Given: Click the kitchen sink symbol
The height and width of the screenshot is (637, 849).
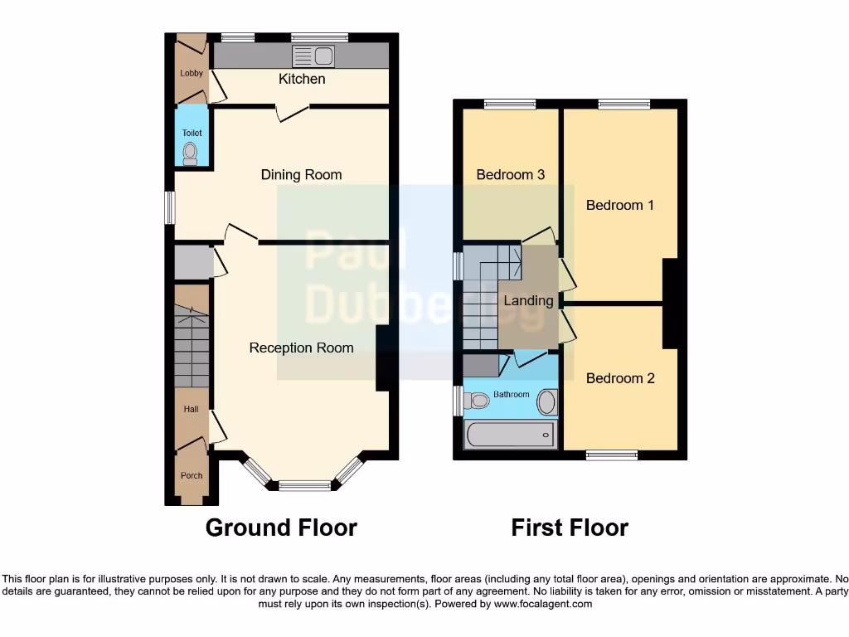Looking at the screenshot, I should pos(313,56).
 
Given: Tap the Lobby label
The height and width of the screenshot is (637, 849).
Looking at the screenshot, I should pos(192,73).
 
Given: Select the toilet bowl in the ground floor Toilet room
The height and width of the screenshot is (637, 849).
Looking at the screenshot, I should pos(191,152).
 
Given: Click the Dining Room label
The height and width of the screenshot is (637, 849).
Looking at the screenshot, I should pos(301,174).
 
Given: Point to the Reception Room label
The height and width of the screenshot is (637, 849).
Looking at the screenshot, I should pos(301,348).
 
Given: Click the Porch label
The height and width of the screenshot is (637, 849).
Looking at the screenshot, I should pos(192,475).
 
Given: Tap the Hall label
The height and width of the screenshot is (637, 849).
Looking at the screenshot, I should pos(192,409).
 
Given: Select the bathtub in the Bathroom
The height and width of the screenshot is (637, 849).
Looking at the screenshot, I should pos(510,434).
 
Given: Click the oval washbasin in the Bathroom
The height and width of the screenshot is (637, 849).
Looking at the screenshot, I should pos(547,402).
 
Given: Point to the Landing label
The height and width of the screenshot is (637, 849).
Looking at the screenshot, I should pos(528,300).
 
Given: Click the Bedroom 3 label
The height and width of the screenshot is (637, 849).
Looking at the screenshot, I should pos(510,174).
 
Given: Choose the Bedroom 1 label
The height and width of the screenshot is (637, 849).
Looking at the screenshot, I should pos(619,205).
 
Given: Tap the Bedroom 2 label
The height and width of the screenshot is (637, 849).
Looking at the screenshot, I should pos(619,378).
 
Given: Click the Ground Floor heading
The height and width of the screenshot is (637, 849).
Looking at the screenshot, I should pos(281,528).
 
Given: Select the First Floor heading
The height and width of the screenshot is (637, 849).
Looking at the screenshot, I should pos(570,528).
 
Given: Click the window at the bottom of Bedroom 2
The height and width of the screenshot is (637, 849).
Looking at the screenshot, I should pos(612,455).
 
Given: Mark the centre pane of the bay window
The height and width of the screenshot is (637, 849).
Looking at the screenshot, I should pos(304,485).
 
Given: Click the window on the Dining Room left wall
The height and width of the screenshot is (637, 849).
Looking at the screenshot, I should pos(170,207).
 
